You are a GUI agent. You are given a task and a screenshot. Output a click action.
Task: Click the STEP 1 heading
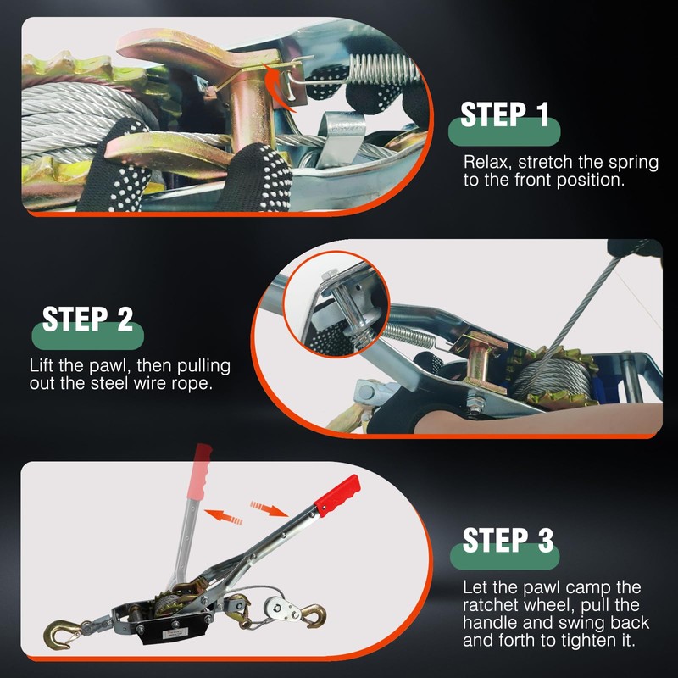(504, 114)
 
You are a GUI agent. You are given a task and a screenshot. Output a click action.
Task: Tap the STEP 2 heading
(87, 320)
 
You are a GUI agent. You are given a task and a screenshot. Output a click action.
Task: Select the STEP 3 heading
(508, 540)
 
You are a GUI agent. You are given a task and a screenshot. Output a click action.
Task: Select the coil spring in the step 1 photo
(384, 69)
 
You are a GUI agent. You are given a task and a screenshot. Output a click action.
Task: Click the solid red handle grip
(337, 495)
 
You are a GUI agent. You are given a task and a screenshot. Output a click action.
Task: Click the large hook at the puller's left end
(60, 634)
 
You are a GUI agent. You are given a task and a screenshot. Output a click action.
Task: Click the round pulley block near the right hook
(279, 609)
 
